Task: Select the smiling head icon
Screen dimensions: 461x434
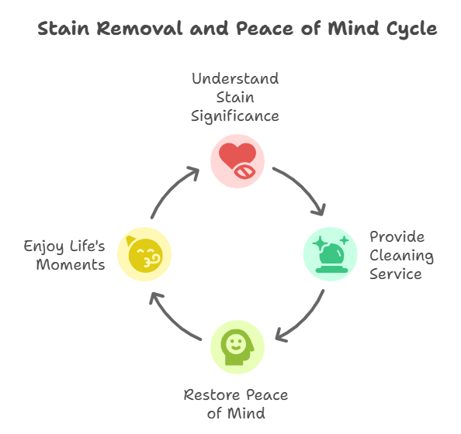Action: [x=237, y=347]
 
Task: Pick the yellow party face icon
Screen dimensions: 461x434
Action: [x=144, y=254]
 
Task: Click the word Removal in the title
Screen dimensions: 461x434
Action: [x=140, y=29]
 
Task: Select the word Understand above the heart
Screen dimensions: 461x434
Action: [x=235, y=79]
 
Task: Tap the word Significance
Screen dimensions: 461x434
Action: [x=235, y=116]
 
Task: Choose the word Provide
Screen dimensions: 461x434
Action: [x=397, y=236]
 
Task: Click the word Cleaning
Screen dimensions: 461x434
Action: [x=401, y=256]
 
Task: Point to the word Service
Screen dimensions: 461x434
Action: [x=396, y=274]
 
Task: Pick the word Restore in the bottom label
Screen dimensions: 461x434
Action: [x=212, y=395]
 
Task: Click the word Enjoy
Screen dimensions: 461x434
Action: [x=43, y=246]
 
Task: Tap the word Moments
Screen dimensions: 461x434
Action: [x=71, y=264]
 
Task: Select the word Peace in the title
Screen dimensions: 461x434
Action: [x=265, y=29]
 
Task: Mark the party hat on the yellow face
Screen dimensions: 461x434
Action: [x=130, y=241]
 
